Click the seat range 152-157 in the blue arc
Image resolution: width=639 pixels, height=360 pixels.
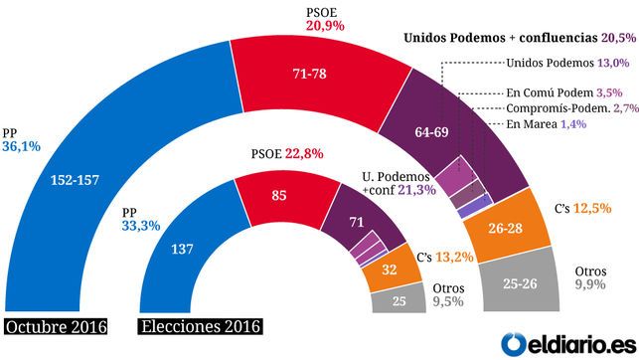75,180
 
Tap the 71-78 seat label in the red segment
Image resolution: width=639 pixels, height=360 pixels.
310,74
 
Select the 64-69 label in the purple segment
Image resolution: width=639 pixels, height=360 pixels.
431,132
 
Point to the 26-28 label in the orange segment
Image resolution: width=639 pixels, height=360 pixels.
505,228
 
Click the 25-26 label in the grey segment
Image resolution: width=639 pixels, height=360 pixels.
520,283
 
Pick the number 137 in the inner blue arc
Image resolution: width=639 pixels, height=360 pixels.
182,249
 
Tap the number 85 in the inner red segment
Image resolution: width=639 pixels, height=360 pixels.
279,195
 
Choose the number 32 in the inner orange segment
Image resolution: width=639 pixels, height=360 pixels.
390,270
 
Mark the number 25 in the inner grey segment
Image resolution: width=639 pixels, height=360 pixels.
399,301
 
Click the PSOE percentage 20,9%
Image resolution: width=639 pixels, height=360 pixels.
325,26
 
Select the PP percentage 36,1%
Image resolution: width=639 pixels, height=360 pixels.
22,146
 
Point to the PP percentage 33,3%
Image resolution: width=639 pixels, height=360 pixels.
141,226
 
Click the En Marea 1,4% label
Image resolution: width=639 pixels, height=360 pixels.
547,124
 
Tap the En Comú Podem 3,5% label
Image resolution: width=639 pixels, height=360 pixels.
564,92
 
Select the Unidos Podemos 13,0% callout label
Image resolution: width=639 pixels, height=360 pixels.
567,63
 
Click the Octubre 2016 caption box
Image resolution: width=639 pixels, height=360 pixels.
57,327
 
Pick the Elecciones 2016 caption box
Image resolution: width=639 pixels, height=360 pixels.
200,326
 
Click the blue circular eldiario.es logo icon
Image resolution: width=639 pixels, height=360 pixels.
514,344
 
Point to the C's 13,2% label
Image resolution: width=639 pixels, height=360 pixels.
445,257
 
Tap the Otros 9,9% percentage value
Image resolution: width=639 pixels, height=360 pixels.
590,284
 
